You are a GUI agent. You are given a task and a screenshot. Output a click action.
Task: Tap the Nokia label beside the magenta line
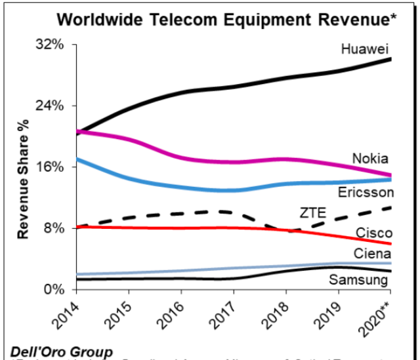(x=370, y=158)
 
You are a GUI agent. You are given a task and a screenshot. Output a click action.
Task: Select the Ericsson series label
(x=366, y=192)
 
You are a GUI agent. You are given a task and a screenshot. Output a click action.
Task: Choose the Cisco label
(x=374, y=233)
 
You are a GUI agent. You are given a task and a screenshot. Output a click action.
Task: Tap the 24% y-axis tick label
(x=49, y=106)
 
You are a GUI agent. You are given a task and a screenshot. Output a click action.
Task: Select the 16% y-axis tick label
(x=49, y=167)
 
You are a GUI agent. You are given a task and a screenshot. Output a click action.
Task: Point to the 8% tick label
(x=52, y=228)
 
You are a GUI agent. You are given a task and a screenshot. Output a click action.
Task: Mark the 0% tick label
(x=52, y=289)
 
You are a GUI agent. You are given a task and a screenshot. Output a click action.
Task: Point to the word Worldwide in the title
(x=96, y=19)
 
